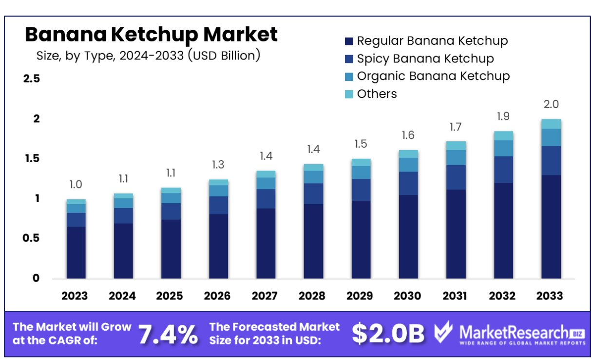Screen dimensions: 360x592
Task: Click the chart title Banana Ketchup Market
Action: coord(151,35)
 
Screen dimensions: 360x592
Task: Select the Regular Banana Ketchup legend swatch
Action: coord(348,41)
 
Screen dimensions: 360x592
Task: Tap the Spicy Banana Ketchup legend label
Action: coord(425,59)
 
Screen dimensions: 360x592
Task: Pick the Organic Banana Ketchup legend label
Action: coord(433,76)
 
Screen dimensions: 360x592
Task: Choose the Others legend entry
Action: coord(377,94)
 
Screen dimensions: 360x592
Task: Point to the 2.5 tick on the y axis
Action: coord(32,79)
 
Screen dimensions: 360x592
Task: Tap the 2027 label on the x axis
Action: coord(265,296)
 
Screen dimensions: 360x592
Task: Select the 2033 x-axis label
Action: coord(550,296)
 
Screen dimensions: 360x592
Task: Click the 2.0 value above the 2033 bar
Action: coord(551,104)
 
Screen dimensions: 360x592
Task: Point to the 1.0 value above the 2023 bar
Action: coord(76,185)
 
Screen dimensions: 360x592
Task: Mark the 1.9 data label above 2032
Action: coord(503,116)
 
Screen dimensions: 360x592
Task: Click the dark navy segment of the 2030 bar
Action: coord(408,236)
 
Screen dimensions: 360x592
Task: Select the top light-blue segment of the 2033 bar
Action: coord(551,124)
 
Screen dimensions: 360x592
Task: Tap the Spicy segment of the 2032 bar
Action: coord(503,170)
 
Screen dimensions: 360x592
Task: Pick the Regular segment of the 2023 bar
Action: coord(76,252)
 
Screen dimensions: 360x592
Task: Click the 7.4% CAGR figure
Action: coord(168,334)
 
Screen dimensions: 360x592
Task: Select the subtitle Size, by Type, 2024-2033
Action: coord(148,56)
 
